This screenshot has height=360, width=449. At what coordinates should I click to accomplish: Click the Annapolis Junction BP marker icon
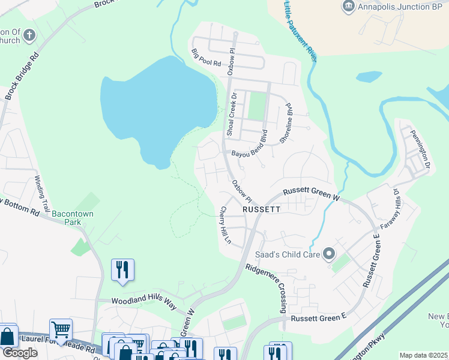click(349, 7)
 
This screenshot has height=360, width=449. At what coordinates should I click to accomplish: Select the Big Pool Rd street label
click(206, 58)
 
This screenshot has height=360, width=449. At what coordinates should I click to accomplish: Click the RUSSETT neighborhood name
click(261, 210)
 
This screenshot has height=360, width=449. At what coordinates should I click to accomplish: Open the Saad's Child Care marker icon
click(328, 254)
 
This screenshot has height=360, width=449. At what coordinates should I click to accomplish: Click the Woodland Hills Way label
click(144, 303)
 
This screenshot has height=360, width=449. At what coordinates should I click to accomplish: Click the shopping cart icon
click(61, 329)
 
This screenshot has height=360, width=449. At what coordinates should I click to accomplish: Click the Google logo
click(20, 352)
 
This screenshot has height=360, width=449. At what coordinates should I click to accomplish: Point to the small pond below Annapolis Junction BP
click(369, 77)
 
